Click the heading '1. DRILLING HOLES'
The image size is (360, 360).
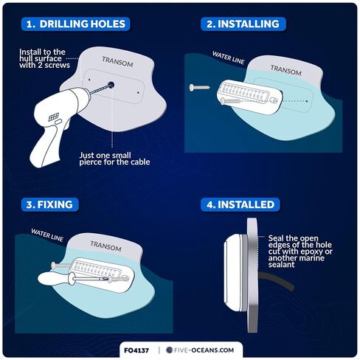pos(76,24)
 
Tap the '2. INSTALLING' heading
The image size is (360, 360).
pos(243,24)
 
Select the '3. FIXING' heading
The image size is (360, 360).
pos(49,204)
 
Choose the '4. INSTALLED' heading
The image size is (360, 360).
pos(240,204)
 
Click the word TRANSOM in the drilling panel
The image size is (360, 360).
pos(117,62)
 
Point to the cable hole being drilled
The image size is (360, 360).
pos(111,85)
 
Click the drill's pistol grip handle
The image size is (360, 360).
pos(46,145)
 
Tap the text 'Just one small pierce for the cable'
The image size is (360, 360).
pos(114,159)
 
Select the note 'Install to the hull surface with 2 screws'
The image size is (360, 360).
pos(44,58)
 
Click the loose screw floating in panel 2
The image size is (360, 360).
pos(199,87)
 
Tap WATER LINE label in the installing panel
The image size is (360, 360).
pos(229,58)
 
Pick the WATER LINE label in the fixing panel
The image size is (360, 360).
pos(47,235)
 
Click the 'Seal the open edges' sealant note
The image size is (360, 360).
pos(300,252)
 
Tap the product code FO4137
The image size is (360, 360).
pos(136,350)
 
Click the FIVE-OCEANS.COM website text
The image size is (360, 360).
pos(204,350)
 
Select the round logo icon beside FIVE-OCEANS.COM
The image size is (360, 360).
pos(169,350)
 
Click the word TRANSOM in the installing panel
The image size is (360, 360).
pos(285,70)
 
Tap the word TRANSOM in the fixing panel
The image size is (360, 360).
pos(105,246)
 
